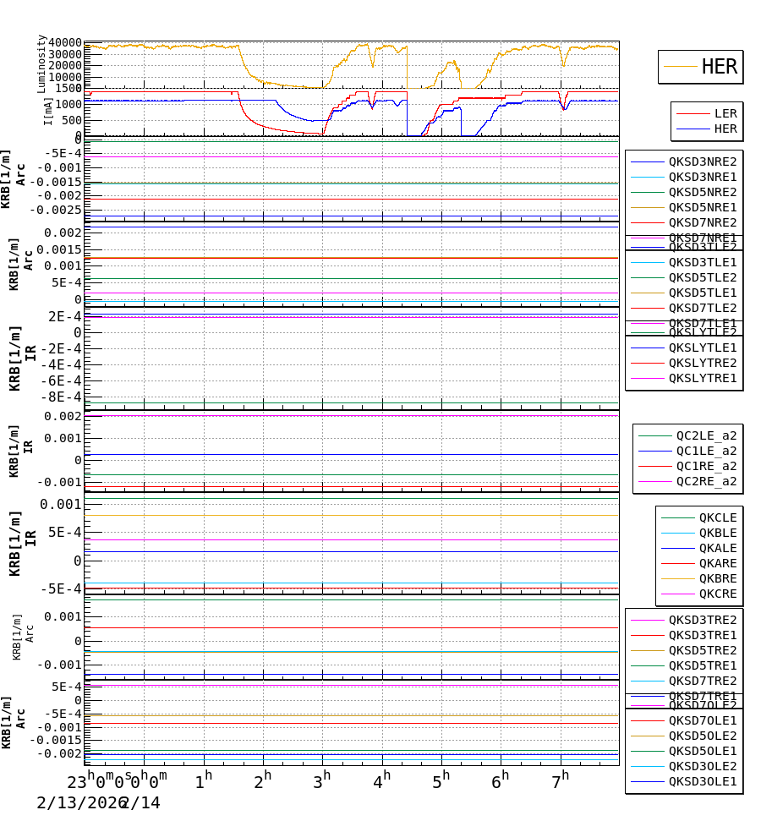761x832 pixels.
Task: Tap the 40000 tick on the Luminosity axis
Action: tap(65, 43)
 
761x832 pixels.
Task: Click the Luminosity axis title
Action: tap(41, 63)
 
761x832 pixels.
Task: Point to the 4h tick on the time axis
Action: tap(382, 778)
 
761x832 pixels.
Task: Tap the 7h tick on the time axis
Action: tap(560, 778)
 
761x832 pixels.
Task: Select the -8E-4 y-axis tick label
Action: tap(63, 397)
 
